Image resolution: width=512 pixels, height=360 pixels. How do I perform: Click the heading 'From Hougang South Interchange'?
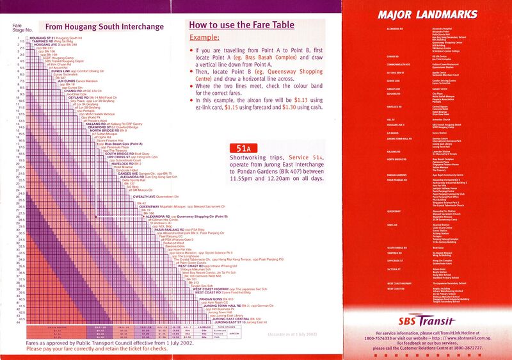(106, 27)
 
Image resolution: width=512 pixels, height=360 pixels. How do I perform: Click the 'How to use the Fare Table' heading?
(242, 25)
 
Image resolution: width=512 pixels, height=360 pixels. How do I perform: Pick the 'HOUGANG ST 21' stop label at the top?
(44, 38)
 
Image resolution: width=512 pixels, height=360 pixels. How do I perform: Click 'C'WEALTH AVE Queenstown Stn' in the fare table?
(160, 196)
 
